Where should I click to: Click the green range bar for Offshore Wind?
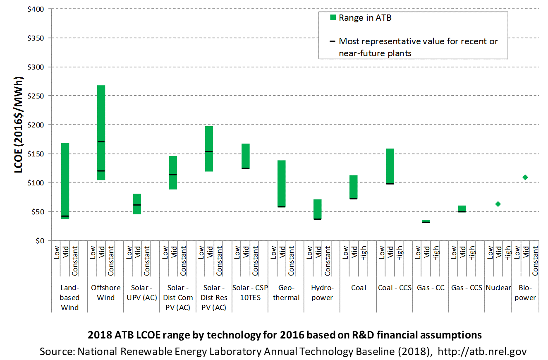tap(101, 133)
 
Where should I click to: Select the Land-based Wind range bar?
tap(65, 181)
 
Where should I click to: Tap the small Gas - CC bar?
tap(426, 221)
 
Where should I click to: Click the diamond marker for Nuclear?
tap(498, 204)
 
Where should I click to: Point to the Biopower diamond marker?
tap(525, 177)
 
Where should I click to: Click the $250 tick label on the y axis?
tap(36, 96)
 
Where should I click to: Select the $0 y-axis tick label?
tap(40, 241)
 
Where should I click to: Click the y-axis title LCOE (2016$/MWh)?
tap(19, 125)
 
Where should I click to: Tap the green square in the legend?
tap(333, 17)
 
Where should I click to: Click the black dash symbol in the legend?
tap(332, 41)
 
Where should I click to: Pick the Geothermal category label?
tap(286, 293)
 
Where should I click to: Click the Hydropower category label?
tap(322, 293)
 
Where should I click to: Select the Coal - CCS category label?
tap(395, 288)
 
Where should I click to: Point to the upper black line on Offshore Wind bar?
tap(101, 142)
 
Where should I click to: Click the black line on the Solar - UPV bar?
tap(137, 205)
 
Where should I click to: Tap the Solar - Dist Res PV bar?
tap(209, 149)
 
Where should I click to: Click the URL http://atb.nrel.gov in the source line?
tap(482, 351)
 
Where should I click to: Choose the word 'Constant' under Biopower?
tap(535, 261)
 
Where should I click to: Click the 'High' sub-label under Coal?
tap(363, 253)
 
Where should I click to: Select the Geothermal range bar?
tap(282, 184)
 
